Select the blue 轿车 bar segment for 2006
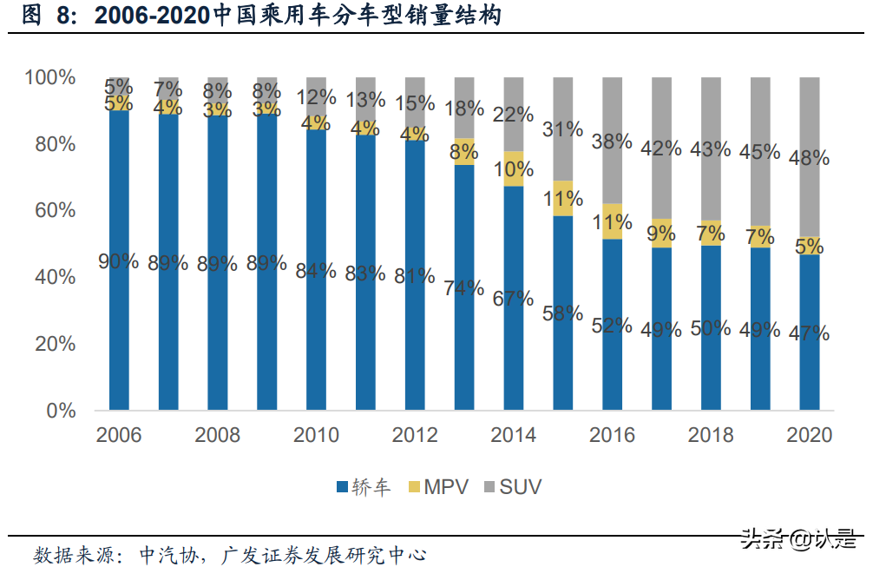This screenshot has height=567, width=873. [x=119, y=330]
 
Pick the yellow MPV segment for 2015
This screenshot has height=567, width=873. [x=563, y=198]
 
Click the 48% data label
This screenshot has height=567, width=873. [x=809, y=158]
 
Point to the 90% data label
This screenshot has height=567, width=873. [x=118, y=260]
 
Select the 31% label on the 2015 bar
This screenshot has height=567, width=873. [x=562, y=129]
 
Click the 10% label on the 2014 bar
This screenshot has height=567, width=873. [x=513, y=169]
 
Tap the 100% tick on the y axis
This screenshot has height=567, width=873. [x=50, y=77]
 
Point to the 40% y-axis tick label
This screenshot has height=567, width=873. [x=55, y=277]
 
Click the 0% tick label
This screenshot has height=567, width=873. [x=61, y=410]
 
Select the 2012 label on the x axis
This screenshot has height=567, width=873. [x=415, y=435]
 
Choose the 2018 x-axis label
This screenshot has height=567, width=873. [x=711, y=435]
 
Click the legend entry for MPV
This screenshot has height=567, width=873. [x=438, y=487]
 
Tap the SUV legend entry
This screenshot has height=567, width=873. [x=513, y=487]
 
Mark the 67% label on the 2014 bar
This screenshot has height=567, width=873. [x=513, y=298]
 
